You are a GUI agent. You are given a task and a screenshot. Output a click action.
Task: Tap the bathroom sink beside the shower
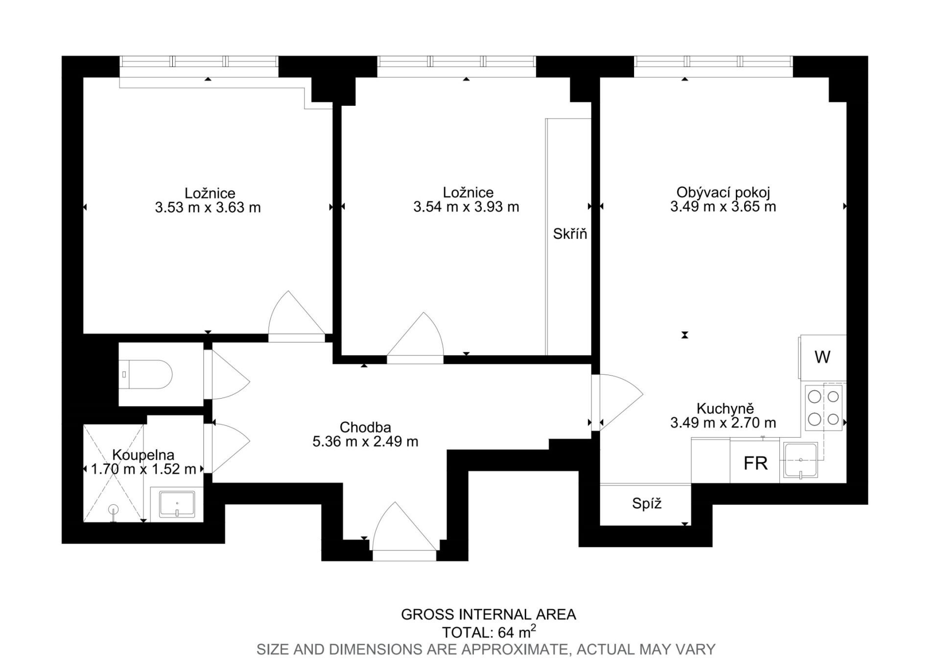point(177,504)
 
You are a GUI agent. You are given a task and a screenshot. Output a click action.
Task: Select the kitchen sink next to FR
point(800,460)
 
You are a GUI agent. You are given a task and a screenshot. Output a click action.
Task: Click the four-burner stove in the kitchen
point(823,408)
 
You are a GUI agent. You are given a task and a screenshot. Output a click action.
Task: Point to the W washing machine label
point(822,357)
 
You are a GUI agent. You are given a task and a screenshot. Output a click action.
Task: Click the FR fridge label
point(755,463)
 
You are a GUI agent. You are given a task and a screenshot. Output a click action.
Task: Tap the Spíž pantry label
point(647,503)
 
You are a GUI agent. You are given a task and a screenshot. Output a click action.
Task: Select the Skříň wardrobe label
point(570,234)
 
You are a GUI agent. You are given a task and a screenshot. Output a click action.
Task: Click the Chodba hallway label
point(365,427)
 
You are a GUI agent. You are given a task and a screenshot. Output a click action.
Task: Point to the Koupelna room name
point(143,455)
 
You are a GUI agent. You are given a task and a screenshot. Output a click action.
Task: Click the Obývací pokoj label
point(723,192)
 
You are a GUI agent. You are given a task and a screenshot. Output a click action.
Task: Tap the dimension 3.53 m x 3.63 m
point(208,208)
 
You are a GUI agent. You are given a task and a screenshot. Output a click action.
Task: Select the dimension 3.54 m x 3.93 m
point(466,207)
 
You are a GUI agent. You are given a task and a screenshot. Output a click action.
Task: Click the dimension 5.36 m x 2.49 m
point(365,442)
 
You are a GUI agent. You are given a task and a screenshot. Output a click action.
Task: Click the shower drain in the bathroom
point(114,509)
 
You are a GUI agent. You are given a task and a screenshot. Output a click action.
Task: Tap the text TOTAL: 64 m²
point(489,632)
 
